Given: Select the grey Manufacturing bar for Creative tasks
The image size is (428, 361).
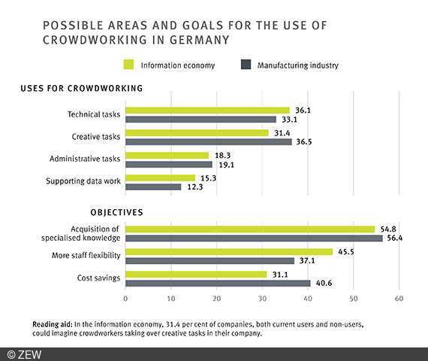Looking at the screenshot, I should tap(208, 141).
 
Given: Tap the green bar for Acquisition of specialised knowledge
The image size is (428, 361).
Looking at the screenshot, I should tap(250, 229).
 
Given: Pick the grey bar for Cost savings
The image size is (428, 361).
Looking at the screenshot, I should tap(218, 284).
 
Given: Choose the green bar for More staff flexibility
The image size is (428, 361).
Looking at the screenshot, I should tap(228, 252).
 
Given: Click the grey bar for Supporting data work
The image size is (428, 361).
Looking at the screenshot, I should tap(153, 187).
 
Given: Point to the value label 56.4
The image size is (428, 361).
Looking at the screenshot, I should tap(393, 238).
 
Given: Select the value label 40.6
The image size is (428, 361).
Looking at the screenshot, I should tap(321, 284).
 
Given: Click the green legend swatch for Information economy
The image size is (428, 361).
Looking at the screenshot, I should tap(130, 65).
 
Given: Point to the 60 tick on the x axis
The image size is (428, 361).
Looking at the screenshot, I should tap(399, 299).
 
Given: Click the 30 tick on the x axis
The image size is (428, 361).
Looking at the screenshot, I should tap(262, 299).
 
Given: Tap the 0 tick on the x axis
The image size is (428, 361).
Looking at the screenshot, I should tap(125, 299).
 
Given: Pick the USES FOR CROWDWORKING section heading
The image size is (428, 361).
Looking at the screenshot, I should tap(81, 88).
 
